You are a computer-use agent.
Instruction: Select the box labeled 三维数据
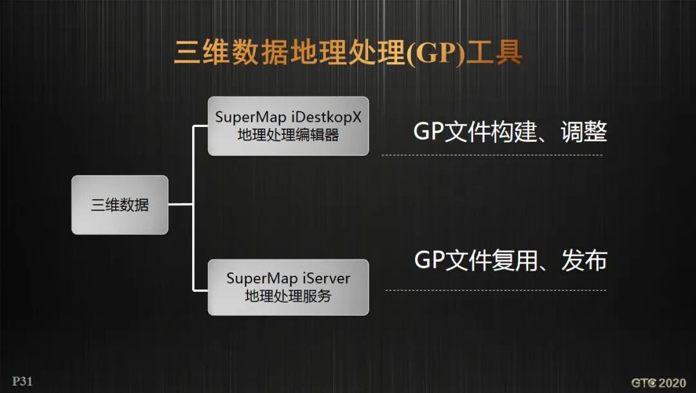[120, 205]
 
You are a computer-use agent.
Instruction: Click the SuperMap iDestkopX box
[288, 126]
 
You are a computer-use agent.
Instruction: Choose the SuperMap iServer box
[288, 287]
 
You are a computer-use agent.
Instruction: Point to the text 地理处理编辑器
[288, 135]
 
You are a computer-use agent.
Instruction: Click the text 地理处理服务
[288, 296]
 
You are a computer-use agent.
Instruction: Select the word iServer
[326, 279]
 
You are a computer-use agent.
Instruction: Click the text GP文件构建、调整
[510, 132]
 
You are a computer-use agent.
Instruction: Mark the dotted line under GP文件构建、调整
[492, 155]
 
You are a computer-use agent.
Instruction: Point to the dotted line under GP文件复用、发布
[494, 290]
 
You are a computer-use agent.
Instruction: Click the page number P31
[22, 381]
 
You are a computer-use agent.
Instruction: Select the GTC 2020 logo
[658, 383]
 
